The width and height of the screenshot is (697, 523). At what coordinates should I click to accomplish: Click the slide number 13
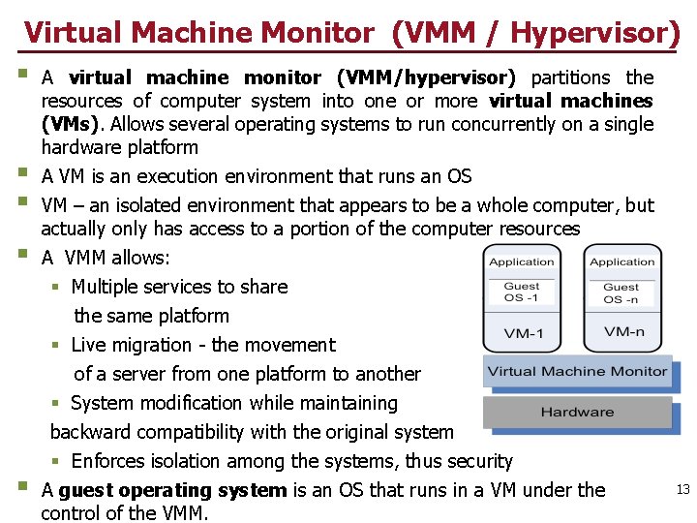coord(682,490)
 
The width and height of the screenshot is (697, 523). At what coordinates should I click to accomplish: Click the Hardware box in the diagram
coord(577,413)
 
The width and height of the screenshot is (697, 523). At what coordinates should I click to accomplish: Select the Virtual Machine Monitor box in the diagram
coord(577,371)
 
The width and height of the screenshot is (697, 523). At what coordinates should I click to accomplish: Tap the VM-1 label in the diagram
coord(522,334)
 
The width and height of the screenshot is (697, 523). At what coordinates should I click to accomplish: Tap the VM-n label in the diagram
coord(623,331)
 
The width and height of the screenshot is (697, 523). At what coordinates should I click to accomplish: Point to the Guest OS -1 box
coord(521,292)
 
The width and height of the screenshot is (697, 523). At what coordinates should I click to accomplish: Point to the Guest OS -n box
coord(621,292)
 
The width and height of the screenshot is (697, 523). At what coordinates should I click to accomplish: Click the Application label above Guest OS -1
coord(522,261)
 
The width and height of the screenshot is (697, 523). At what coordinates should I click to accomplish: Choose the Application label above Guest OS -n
coord(622,261)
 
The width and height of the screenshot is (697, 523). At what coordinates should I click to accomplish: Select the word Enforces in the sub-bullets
coord(110,461)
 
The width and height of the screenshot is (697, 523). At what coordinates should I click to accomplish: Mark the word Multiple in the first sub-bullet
coord(108,287)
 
